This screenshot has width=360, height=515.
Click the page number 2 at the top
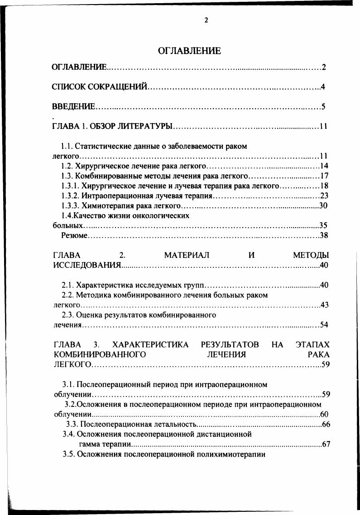tap(206, 20)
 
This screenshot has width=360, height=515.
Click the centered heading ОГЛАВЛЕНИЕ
tap(189, 51)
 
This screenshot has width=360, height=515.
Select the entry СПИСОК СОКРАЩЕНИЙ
tap(99, 87)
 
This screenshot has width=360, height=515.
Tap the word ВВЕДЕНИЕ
tap(73, 107)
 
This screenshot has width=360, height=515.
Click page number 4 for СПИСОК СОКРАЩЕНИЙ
tap(323, 87)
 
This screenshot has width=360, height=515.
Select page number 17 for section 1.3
tap(324, 176)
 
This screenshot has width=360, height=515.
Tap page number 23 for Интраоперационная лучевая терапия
tap(324, 196)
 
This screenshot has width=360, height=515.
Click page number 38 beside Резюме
tap(324, 235)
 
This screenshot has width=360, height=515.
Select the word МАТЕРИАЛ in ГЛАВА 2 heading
tap(187, 255)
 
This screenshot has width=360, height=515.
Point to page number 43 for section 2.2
tap(324, 305)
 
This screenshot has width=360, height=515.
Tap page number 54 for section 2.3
tap(324, 325)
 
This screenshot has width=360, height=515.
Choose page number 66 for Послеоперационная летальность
tap(326, 424)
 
